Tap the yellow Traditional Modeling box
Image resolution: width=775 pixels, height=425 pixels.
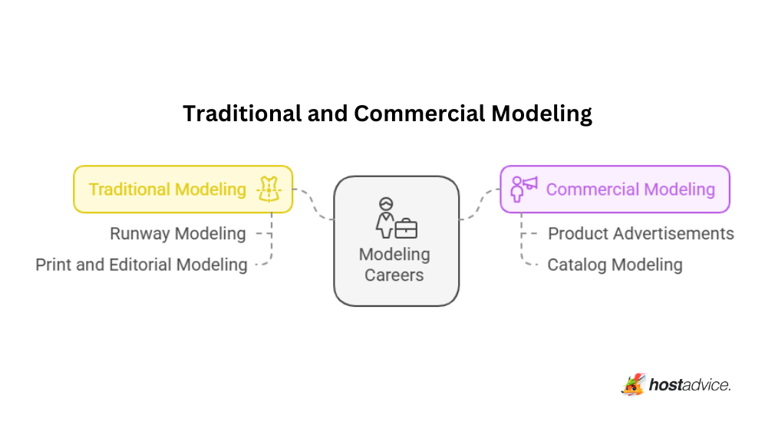(x=183, y=189)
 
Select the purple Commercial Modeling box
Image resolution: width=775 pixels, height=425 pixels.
(x=614, y=189)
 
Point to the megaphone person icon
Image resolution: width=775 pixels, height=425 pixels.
(x=523, y=188)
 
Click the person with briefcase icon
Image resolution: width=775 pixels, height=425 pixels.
(x=394, y=219)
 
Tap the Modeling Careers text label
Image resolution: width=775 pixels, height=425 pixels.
(x=394, y=264)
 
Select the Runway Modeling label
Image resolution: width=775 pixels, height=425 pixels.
(x=177, y=233)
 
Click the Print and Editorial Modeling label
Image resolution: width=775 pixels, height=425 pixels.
(x=141, y=265)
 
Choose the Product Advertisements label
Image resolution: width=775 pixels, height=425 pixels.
(x=641, y=233)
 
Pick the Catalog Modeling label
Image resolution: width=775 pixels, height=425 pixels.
(x=615, y=265)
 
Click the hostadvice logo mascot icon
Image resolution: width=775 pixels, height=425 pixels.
(x=633, y=383)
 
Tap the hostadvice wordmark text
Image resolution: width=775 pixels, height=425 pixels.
(x=690, y=384)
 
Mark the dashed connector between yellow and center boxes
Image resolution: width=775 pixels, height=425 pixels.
(x=314, y=203)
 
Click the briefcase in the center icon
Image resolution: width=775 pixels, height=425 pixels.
(x=406, y=228)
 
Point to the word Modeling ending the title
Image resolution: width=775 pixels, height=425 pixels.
(x=542, y=114)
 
